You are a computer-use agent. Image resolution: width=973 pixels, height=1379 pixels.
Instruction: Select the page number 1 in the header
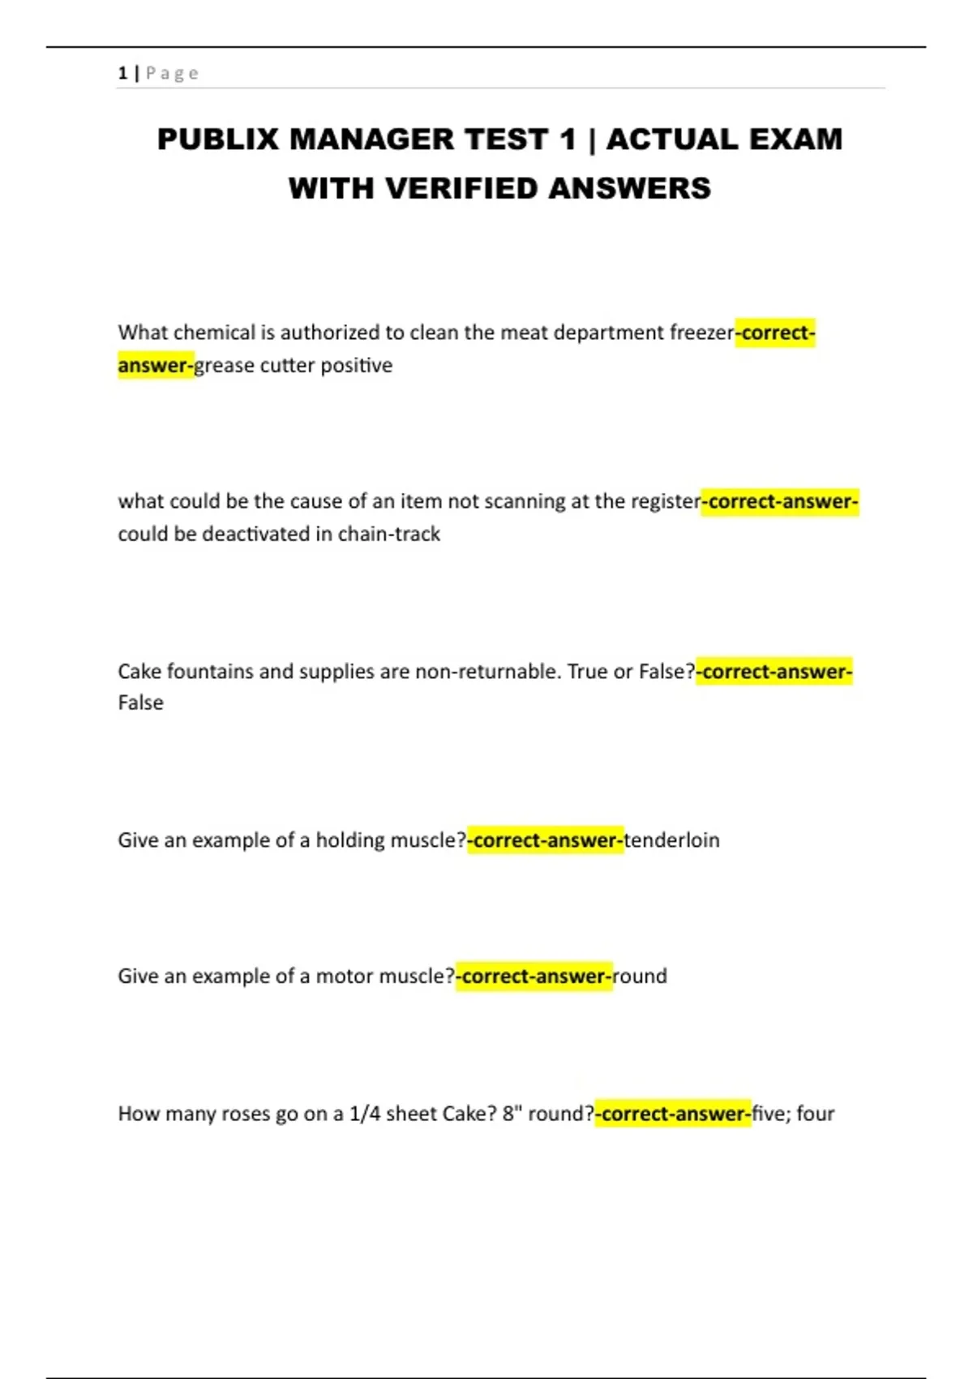pyautogui.click(x=122, y=73)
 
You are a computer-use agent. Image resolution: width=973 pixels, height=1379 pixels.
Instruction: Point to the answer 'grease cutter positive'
pyautogui.click(x=293, y=366)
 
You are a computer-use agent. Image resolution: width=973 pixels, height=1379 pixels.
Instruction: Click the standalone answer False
pyautogui.click(x=140, y=702)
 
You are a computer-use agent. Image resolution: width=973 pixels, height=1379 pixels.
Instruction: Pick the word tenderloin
pyautogui.click(x=671, y=840)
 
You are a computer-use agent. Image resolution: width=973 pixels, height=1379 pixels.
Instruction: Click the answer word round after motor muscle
pyautogui.click(x=640, y=976)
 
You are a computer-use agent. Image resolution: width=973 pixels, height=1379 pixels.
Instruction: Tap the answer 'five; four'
pyautogui.click(x=793, y=1114)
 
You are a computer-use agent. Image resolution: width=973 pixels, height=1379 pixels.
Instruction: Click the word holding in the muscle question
pyautogui.click(x=350, y=840)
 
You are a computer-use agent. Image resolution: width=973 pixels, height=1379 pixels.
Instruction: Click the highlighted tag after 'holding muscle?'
pyautogui.click(x=545, y=840)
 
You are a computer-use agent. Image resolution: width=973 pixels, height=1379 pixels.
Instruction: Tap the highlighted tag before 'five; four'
pyautogui.click(x=673, y=1114)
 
